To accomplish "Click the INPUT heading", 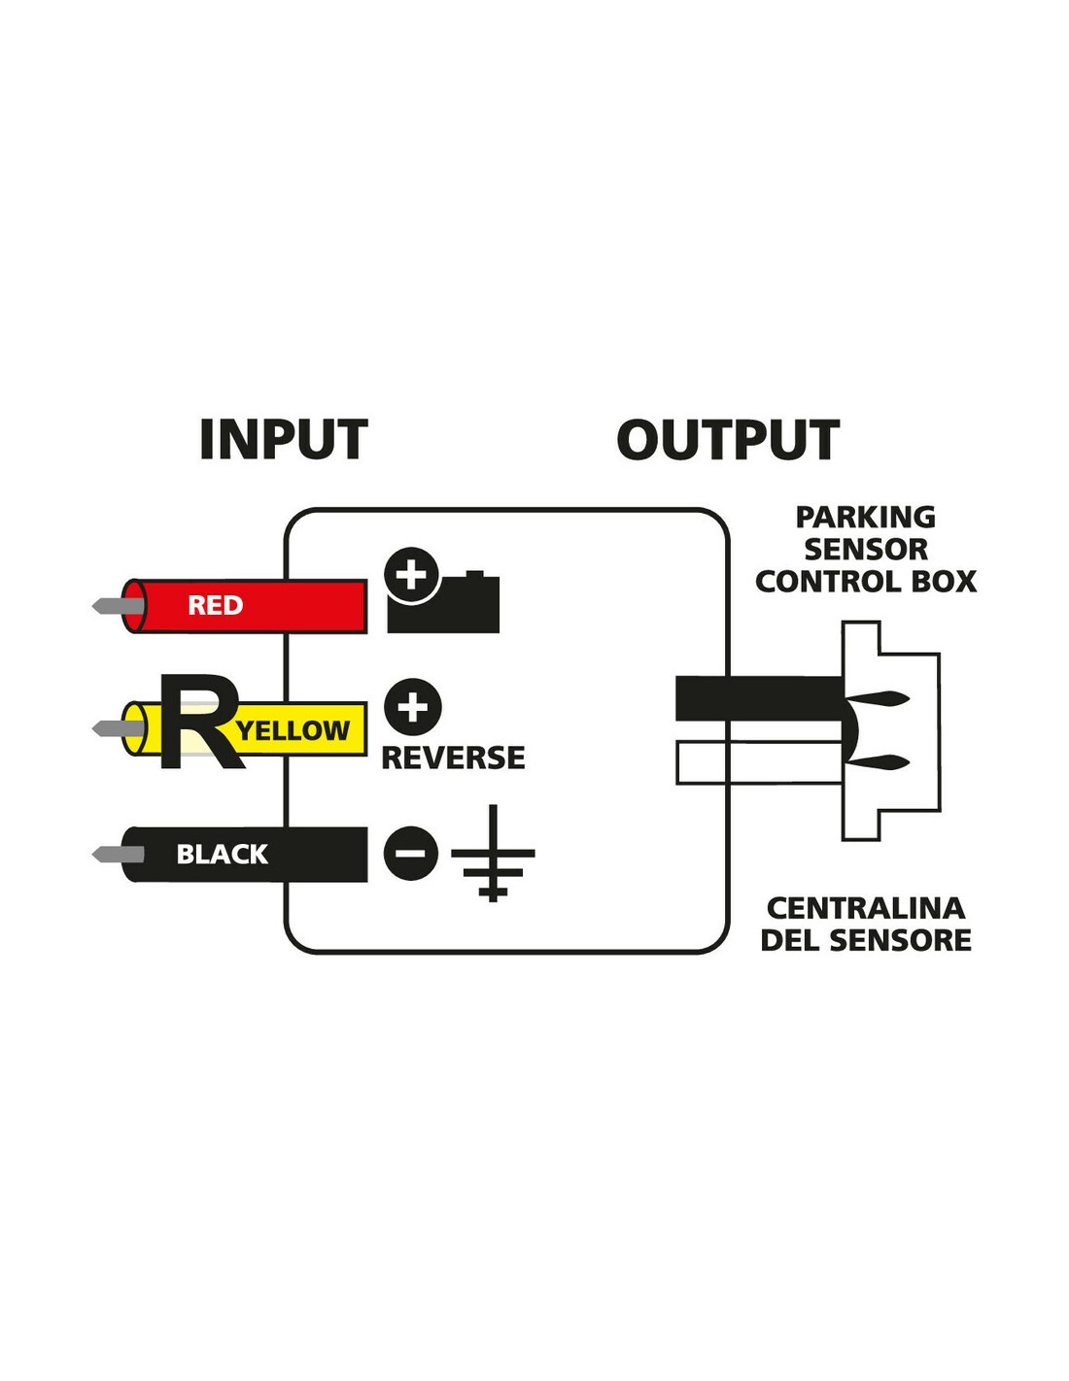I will click(x=283, y=440).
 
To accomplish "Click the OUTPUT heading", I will click(x=728, y=440).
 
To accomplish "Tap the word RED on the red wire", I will click(x=215, y=606).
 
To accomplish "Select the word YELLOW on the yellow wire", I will click(x=293, y=730).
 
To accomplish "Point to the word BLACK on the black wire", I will click(x=222, y=855).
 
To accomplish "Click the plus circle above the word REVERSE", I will click(x=412, y=706).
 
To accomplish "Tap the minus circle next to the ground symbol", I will click(x=410, y=854).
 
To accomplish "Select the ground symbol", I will click(x=493, y=854).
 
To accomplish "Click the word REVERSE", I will click(x=453, y=758).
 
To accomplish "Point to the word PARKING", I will click(x=865, y=518).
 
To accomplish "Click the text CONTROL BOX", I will click(x=865, y=582).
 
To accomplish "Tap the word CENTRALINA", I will click(x=865, y=908).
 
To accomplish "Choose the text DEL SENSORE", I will click(x=865, y=940).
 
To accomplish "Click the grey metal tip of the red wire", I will click(x=115, y=607).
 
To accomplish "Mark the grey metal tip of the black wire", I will click(x=115, y=855).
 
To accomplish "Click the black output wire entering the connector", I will click(x=758, y=698).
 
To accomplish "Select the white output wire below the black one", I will click(x=758, y=762).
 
